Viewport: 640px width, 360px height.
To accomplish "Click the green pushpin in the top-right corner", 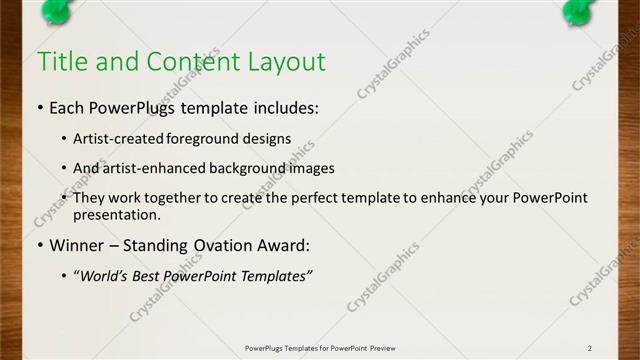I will pos(580,10).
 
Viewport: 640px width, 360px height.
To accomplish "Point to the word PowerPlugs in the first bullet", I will pos(135,106).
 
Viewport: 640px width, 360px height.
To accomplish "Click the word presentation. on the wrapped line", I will pos(116,214).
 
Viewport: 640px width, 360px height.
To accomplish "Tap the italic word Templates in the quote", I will pos(277,275).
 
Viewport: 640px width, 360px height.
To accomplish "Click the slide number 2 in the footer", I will pos(590,347).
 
